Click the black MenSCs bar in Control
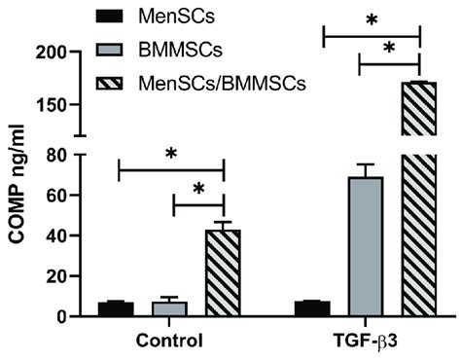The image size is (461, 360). (x=116, y=309)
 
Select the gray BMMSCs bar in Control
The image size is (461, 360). (x=169, y=309)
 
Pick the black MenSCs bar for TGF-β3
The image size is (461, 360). (x=312, y=309)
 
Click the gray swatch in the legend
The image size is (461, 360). (x=121, y=49)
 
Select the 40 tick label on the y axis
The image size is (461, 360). (x=64, y=235)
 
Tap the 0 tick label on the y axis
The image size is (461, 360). (x=70, y=317)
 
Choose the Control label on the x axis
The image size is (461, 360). (x=169, y=342)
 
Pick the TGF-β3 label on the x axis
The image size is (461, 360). (x=367, y=342)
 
